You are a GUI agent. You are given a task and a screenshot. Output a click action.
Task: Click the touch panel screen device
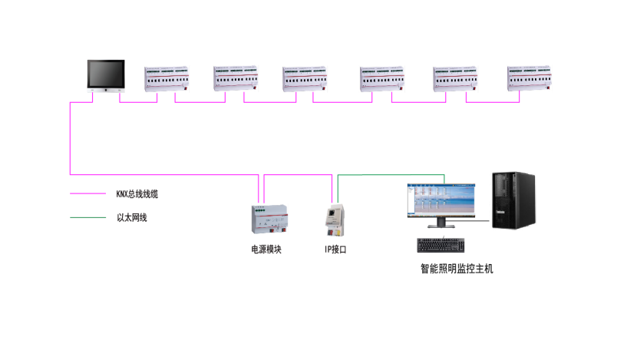coord(105,75)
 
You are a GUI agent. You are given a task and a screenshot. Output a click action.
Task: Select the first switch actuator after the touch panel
coord(167,79)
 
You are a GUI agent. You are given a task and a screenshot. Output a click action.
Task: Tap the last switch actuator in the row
coord(530,79)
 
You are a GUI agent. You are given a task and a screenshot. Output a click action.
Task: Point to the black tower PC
coord(513,201)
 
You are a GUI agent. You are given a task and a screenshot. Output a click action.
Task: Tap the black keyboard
coord(442,246)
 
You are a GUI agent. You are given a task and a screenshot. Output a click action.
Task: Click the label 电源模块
coord(266,249)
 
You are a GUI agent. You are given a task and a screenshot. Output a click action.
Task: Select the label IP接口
coord(335,249)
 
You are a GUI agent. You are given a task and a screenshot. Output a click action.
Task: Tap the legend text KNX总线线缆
coord(137,194)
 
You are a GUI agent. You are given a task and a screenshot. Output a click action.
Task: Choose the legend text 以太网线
coord(131,218)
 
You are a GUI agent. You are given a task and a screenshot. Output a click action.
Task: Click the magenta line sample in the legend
coord(87,194)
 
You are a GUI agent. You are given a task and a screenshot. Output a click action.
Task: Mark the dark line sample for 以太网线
coord(87,218)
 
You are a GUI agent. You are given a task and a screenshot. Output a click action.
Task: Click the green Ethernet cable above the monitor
coord(391,174)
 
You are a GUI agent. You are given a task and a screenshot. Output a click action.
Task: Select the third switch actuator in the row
coord(305,79)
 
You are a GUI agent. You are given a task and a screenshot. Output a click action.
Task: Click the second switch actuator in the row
coord(236,79)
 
